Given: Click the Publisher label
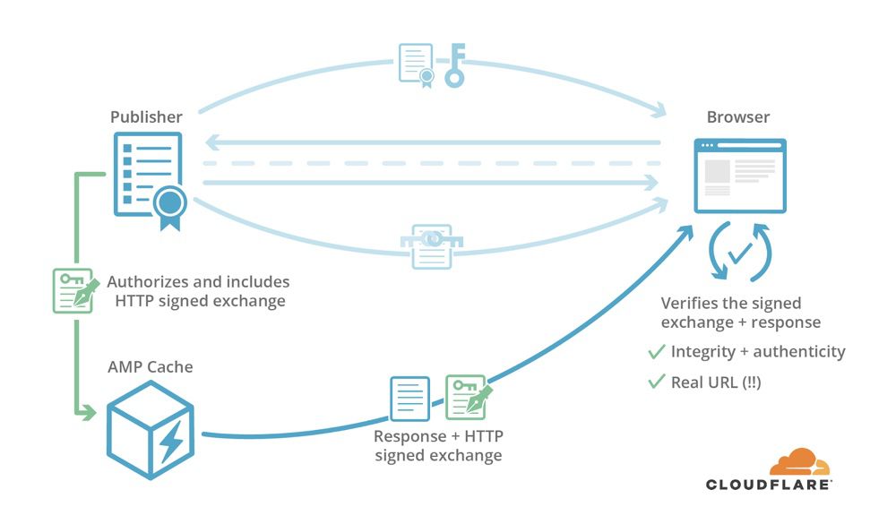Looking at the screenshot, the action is (146, 116).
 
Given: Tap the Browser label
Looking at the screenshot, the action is (737, 116).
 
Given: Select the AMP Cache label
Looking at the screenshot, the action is (151, 367).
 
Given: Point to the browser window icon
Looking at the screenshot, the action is (740, 176).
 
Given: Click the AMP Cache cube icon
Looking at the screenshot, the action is (151, 430).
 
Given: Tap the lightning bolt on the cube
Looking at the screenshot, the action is (171, 441).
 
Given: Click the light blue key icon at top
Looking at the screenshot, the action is (455, 65).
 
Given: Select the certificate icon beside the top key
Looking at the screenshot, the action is (416, 65).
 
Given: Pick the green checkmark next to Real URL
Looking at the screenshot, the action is (657, 382).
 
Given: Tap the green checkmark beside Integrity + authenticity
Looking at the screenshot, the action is (657, 351).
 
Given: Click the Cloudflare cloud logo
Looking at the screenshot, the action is (799, 461).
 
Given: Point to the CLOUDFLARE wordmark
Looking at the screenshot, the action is (769, 485).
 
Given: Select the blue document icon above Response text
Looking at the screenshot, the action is (409, 399).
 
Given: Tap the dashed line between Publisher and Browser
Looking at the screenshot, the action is (432, 163).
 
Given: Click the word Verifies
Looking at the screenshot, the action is (685, 303).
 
